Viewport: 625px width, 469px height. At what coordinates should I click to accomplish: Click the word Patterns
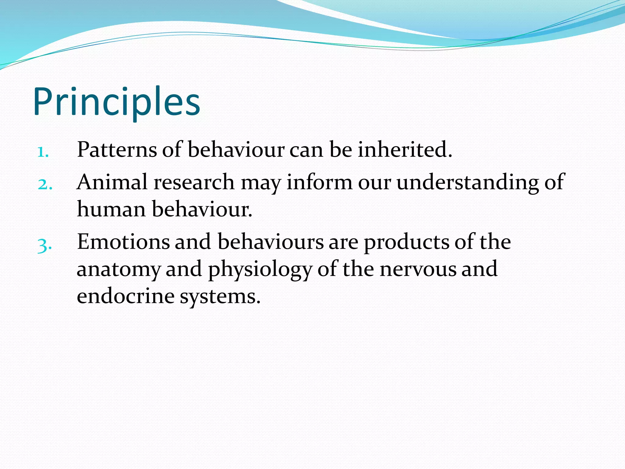tap(117, 150)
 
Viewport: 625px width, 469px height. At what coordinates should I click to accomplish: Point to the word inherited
tap(405, 150)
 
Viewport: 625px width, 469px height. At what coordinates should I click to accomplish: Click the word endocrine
tap(125, 296)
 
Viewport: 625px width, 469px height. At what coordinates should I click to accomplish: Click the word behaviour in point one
tap(236, 150)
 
